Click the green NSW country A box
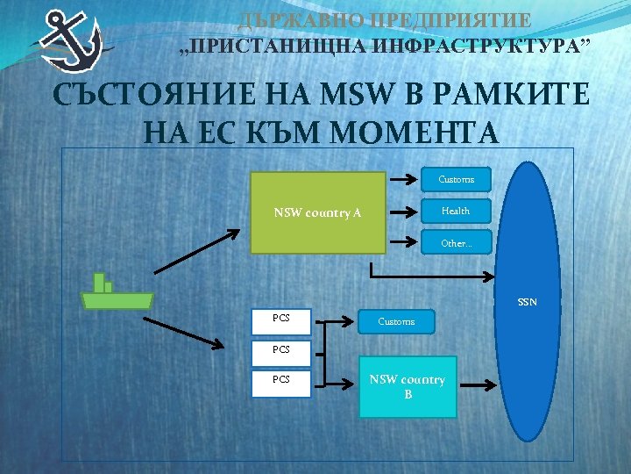coord(319,212)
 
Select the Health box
coord(456,211)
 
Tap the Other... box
coord(456,243)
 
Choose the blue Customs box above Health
coord(456,180)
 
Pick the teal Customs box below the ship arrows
coord(396,322)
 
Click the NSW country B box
coord(408,386)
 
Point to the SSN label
coord(527,303)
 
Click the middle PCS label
coord(280,350)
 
